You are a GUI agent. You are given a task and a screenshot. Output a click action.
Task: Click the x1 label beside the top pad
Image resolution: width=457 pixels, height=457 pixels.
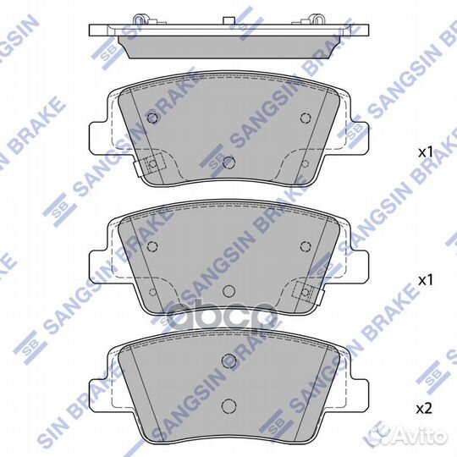click(x=425, y=151)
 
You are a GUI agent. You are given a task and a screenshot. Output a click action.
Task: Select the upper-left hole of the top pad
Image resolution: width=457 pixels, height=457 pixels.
click(x=152, y=118)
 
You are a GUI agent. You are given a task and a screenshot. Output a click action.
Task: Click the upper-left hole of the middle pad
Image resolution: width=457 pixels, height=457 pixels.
click(x=152, y=246)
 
